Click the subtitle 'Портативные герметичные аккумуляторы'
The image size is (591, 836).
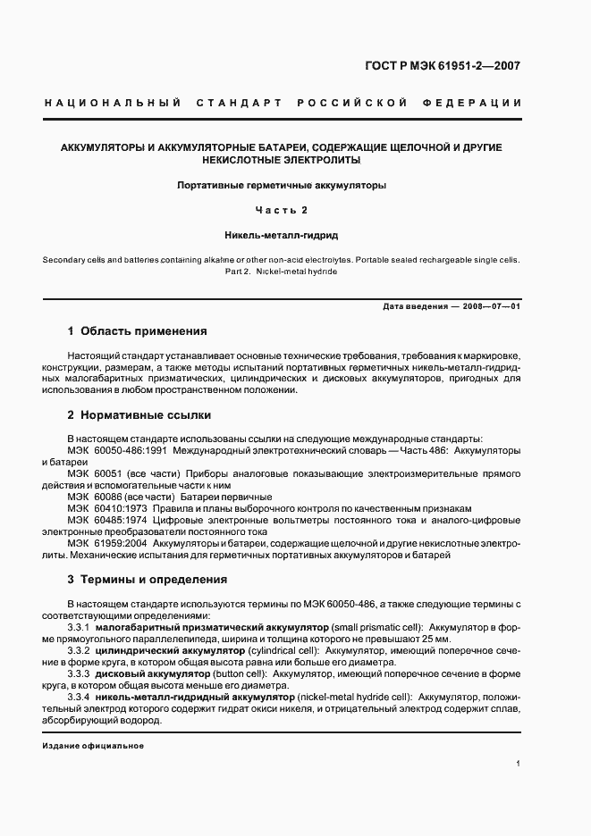pyautogui.click(x=281, y=186)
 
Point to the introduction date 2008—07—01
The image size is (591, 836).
pyautogui.click(x=491, y=306)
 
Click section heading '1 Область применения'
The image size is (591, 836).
pyautogui.click(x=137, y=330)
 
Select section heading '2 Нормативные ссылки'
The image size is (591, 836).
pyautogui.click(x=139, y=415)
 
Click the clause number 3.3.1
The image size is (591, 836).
pyautogui.click(x=80, y=627)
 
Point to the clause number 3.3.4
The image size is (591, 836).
pyautogui.click(x=80, y=696)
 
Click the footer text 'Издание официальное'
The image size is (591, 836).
pyautogui.click(x=93, y=746)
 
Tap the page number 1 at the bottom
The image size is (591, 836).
pyautogui.click(x=519, y=764)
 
